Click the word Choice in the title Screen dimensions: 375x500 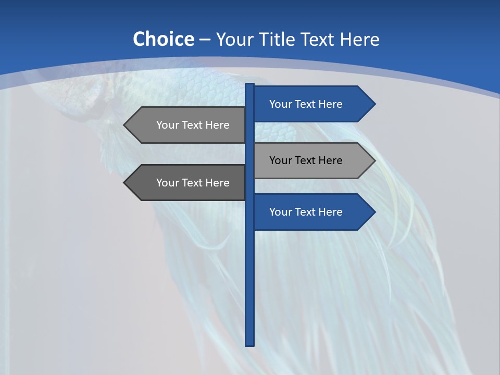pyautogui.click(x=163, y=39)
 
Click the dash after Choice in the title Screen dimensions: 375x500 pyautogui.click(x=205, y=40)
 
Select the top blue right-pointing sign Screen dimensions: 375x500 pyautogui.click(x=307, y=104)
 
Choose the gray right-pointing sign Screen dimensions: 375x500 pyautogui.click(x=307, y=160)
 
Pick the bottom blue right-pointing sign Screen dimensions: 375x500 pyautogui.click(x=307, y=212)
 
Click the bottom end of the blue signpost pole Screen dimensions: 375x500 pyautogui.click(x=250, y=344)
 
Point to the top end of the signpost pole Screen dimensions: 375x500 pyautogui.click(x=250, y=85)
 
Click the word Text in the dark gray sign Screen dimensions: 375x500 pyautogui.click(x=193, y=183)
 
